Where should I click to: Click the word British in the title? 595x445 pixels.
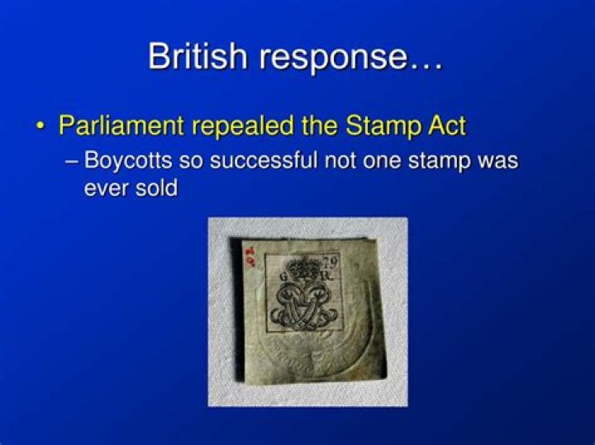coord(198,55)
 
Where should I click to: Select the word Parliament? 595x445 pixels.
coord(121,125)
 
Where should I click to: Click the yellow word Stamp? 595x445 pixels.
coord(383,126)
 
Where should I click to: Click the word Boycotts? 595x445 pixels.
coord(128,161)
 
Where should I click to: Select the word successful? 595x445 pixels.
coord(264,159)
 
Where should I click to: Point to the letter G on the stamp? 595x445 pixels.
coord(283,277)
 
